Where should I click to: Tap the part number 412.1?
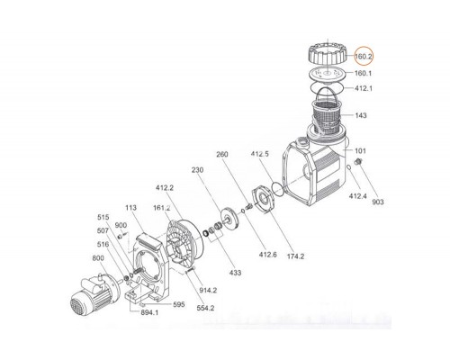(x=363, y=88)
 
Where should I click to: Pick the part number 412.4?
(x=357, y=194)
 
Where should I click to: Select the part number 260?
(x=222, y=154)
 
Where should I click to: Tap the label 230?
(x=198, y=168)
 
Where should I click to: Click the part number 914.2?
(x=207, y=289)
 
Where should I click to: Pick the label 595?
(x=178, y=303)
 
